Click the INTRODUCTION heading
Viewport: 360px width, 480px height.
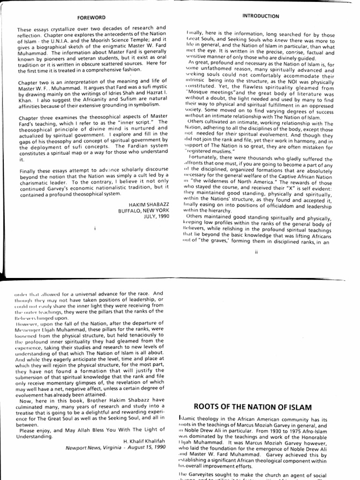pos(260,15)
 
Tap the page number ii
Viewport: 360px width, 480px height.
pos(256,252)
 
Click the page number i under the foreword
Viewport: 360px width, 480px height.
pos(95,228)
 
